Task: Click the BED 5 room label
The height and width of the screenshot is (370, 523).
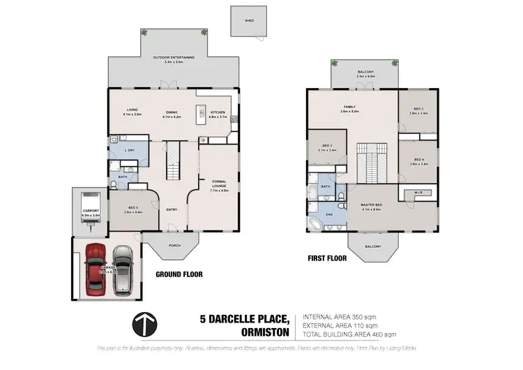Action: point(132,208)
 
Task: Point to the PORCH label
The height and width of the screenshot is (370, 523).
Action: point(176,244)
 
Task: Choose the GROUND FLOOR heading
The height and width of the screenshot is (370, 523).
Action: point(179,274)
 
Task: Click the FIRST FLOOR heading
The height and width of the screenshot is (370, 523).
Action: point(327,258)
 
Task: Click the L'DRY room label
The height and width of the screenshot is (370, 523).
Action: point(129,151)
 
